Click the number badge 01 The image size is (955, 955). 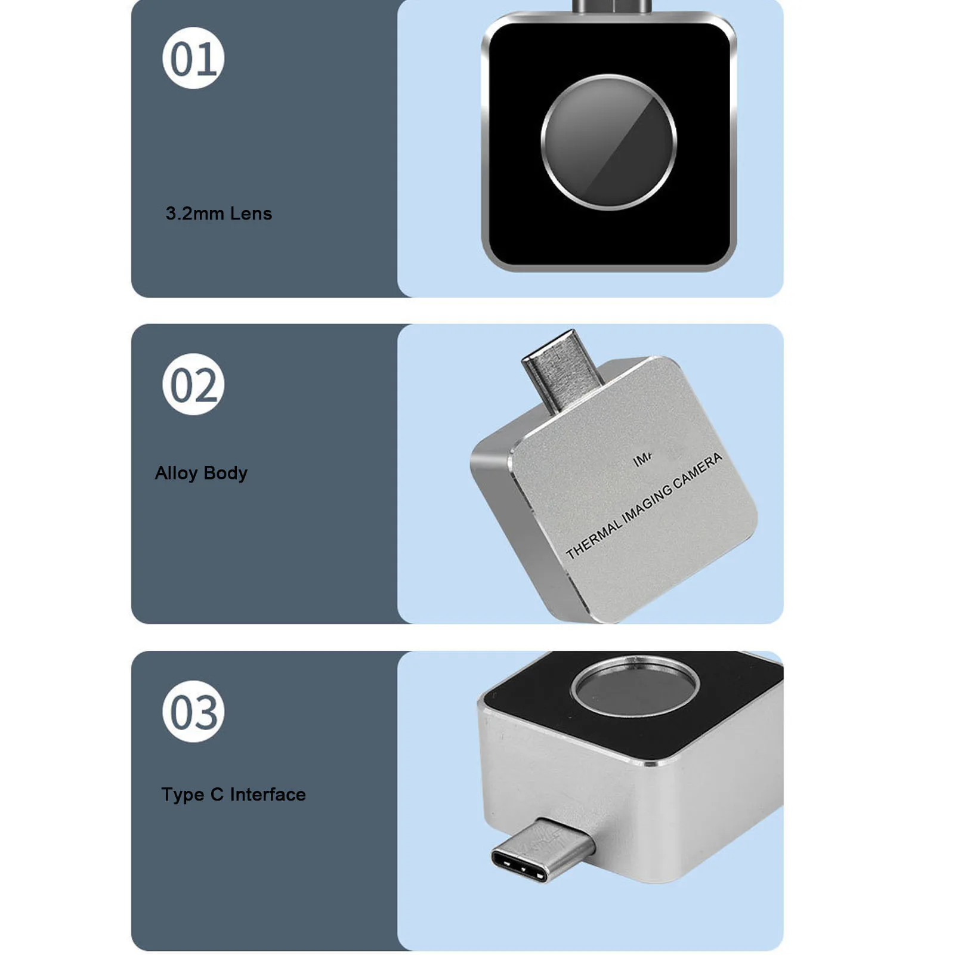coord(193,58)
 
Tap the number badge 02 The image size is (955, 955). coord(193,384)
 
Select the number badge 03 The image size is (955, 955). coord(193,711)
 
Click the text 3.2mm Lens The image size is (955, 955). coord(218,214)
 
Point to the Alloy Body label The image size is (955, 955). coord(201,473)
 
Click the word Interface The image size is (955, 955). coord(268,795)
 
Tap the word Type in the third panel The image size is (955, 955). coord(183,795)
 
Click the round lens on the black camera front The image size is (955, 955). coord(608,142)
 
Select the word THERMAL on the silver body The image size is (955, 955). coord(593,539)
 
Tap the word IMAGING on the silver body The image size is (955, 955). coord(647,505)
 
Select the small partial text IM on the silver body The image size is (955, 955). coord(642,460)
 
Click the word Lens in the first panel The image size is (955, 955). coord(251,214)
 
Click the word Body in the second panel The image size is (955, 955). coord(225,473)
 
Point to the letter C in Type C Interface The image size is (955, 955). coord(217,795)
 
